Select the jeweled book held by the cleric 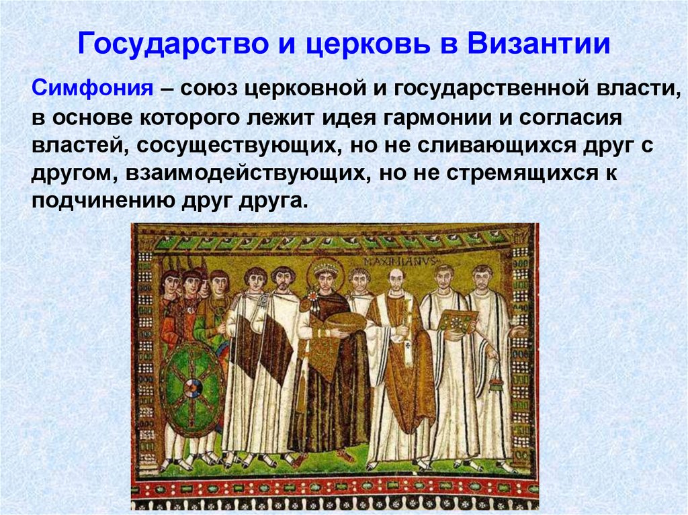point(457,321)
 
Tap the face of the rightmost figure point(482,278)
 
